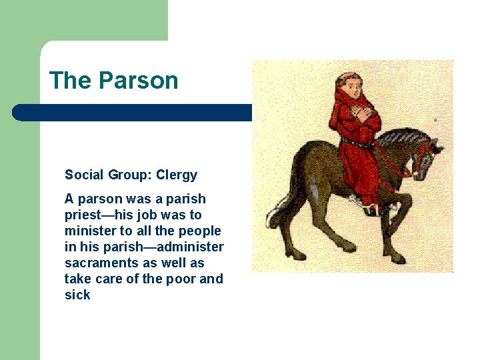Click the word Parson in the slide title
coord(138,81)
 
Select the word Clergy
coord(176,175)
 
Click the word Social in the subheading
coord(83,175)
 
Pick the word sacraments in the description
coord(96,263)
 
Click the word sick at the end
coord(77,295)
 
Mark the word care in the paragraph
coord(107,279)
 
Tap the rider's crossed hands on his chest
coord(363,114)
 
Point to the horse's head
coord(427,157)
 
